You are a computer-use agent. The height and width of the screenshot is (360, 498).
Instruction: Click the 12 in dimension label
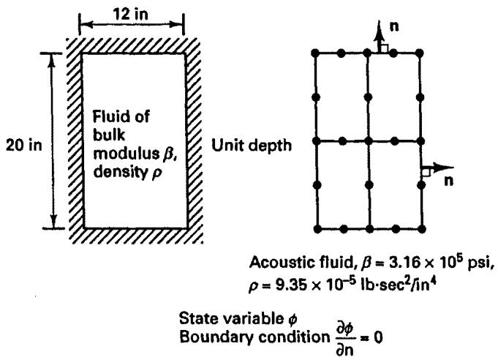coord(131,15)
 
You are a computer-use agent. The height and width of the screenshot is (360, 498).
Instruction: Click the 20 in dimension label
coord(24,146)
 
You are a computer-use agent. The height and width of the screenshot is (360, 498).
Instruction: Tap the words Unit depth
coord(252,146)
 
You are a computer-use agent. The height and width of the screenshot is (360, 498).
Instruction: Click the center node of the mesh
coord(369,140)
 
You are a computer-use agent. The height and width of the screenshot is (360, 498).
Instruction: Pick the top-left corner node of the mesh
coord(315,53)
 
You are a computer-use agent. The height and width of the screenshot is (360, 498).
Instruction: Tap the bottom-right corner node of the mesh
coord(422,228)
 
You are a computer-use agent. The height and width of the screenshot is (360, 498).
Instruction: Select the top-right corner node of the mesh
coord(420,53)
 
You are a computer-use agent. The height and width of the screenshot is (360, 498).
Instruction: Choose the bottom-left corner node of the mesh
coord(317,228)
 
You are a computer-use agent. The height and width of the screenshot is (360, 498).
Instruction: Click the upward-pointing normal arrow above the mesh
coord(378,36)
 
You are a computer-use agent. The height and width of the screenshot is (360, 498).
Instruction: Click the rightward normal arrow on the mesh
coord(437,167)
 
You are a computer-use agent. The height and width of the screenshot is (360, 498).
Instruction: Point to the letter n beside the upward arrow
coord(394,26)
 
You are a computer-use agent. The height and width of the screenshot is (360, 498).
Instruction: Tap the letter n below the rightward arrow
coord(448,181)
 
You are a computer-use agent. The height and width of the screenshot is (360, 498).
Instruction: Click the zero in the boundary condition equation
coord(377,337)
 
